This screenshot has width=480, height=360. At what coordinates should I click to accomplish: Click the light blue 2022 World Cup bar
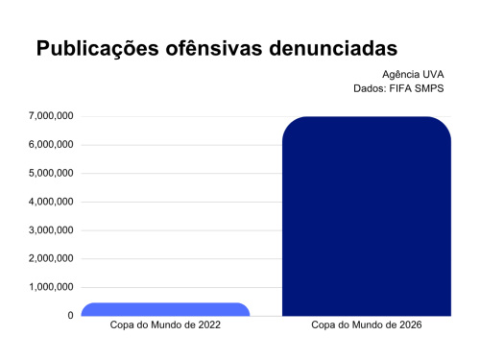(x=165, y=309)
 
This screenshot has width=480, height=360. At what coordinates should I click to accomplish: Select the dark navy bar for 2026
(x=367, y=216)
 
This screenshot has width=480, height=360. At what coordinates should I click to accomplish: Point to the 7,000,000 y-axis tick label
(x=51, y=116)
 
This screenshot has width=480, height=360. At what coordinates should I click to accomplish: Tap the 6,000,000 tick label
(x=51, y=145)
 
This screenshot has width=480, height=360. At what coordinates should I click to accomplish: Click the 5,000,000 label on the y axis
(x=51, y=173)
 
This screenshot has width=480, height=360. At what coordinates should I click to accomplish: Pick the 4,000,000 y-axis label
(x=51, y=202)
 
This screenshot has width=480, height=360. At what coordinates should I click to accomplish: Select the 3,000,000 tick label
(x=51, y=230)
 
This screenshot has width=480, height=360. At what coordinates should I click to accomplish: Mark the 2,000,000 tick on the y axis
(x=51, y=258)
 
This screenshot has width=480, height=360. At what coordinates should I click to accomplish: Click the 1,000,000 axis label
(x=51, y=287)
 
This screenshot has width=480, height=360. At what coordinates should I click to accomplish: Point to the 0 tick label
(x=70, y=316)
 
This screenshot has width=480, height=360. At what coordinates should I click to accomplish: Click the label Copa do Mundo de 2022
(x=165, y=325)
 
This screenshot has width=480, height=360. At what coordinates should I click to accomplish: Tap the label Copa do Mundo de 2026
(x=367, y=325)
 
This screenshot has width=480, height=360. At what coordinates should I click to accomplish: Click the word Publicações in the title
(x=98, y=49)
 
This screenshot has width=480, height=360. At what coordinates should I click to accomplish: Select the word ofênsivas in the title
(x=214, y=48)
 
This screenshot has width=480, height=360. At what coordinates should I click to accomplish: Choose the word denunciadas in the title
(x=333, y=48)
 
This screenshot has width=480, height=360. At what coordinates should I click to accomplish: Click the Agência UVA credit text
(x=413, y=75)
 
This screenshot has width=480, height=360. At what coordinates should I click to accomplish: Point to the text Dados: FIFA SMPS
(x=398, y=88)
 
